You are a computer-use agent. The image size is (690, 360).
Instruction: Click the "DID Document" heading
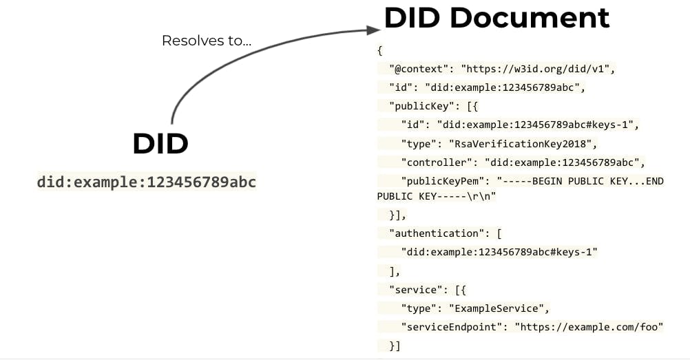(x=496, y=19)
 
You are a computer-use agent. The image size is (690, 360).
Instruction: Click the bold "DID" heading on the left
(x=160, y=144)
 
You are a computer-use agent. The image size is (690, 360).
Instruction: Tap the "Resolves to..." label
(x=206, y=41)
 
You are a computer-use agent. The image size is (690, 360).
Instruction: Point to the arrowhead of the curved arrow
(x=374, y=30)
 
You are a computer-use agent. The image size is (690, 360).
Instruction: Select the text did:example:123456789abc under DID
(x=146, y=183)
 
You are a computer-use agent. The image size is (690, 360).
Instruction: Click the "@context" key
(x=419, y=70)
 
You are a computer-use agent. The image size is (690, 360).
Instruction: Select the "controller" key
(x=437, y=163)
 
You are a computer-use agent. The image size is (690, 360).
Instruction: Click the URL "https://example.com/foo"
(x=589, y=326)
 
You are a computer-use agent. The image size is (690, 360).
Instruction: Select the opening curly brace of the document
(x=379, y=51)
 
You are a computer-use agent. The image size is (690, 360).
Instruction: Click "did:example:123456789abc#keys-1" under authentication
(x=499, y=252)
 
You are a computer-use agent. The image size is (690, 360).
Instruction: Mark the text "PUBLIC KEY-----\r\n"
(x=436, y=196)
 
